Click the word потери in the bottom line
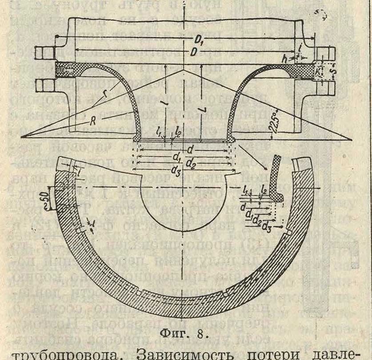(282, 352)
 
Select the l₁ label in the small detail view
(248, 190)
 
